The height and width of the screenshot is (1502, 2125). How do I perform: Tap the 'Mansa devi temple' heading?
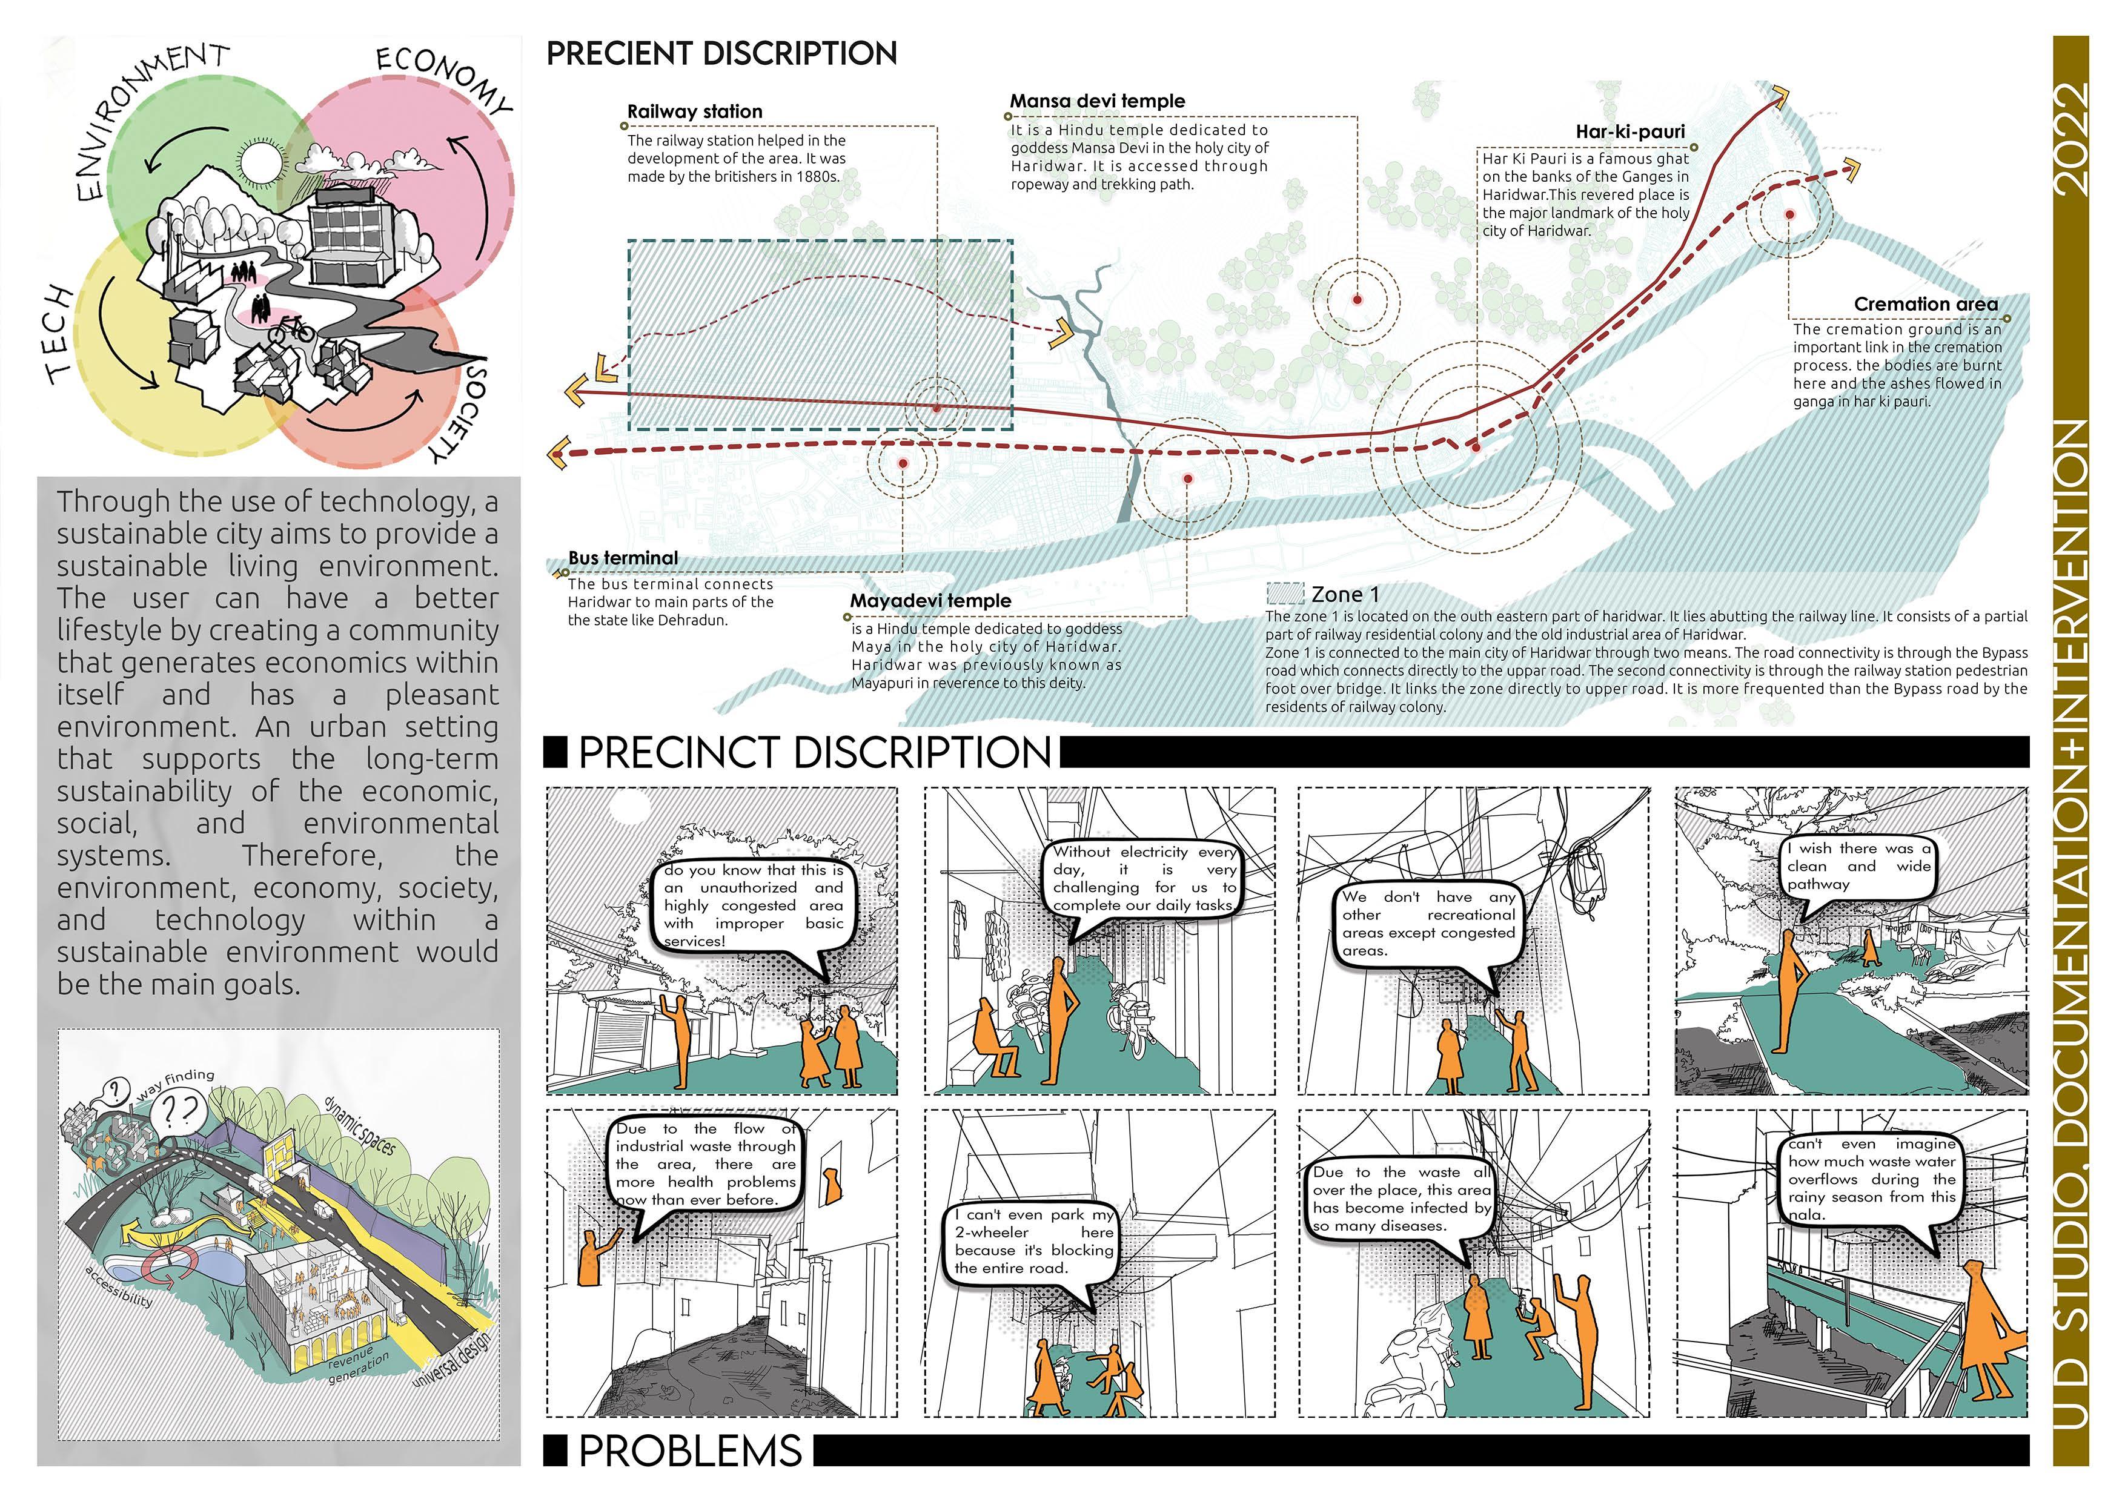point(1097,101)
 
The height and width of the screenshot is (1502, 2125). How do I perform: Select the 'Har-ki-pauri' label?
point(1630,131)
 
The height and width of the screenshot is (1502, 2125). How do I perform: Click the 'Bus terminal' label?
point(623,558)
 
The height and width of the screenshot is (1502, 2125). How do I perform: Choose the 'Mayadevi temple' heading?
point(930,601)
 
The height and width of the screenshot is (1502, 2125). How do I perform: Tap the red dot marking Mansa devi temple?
point(1357,300)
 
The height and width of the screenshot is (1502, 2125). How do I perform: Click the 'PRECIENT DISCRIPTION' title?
point(721,54)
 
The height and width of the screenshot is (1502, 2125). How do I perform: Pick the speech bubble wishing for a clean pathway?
point(1860,866)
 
